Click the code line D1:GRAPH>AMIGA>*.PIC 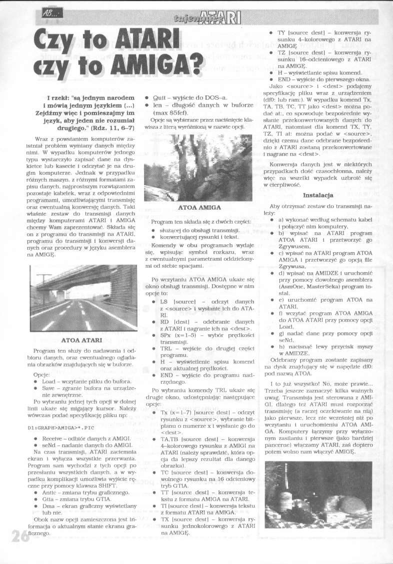pyautogui.click(x=58, y=414)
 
